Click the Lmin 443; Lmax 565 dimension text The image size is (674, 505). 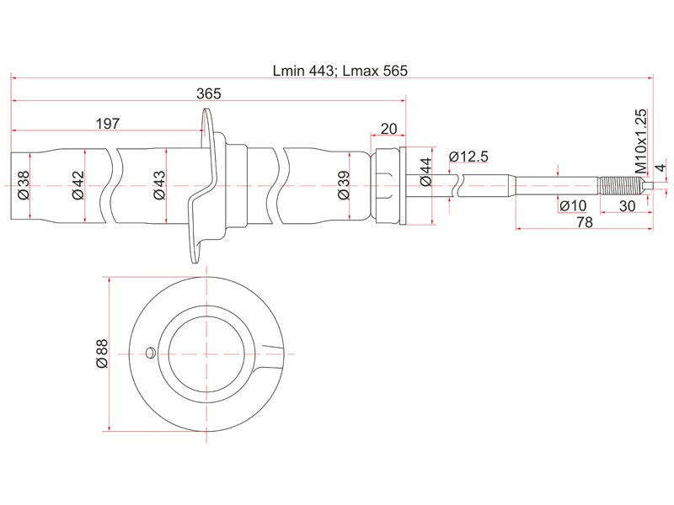340,71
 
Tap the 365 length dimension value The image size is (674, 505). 208,93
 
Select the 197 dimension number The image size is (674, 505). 108,124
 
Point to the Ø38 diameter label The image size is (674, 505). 24,185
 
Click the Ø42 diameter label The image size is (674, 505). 78,185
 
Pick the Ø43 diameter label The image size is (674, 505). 159,185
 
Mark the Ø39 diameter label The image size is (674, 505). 344,185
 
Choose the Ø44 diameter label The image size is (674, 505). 425,172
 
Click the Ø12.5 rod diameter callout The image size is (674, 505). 468,157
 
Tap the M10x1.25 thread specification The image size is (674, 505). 640,141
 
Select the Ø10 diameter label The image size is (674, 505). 573,206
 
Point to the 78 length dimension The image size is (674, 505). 585,222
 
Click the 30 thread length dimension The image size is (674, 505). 627,206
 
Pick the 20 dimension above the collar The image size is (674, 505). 388,129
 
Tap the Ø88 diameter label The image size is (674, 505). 102,353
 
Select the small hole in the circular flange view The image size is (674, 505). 150,353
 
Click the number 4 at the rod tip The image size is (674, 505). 662,167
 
